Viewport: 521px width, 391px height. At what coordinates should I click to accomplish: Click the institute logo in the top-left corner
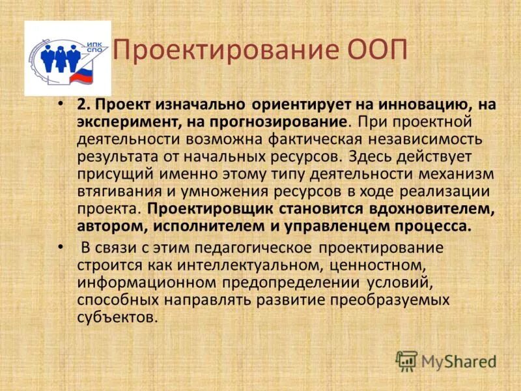pos(68,59)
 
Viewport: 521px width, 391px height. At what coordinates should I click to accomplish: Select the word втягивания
pos(114,192)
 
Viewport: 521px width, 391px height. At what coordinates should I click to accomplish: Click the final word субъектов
pos(117,318)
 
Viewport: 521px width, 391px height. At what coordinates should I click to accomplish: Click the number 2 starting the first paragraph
pos(82,104)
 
